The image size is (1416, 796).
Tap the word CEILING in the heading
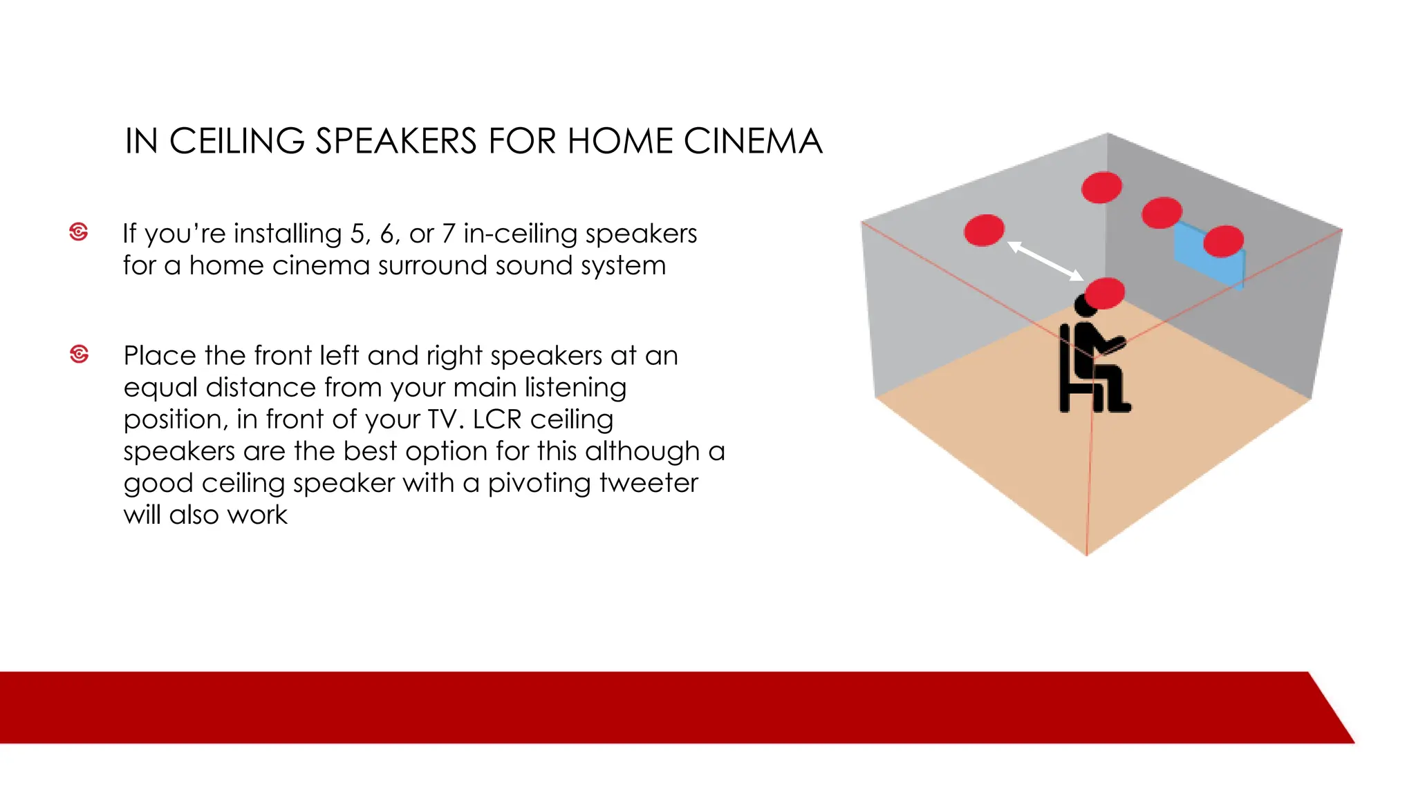coord(236,142)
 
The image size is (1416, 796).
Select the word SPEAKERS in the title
coord(396,142)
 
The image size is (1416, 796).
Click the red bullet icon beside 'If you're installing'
coord(79,231)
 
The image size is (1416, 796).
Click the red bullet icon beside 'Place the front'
coord(80,354)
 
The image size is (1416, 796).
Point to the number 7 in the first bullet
coord(448,234)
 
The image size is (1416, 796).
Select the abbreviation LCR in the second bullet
coord(496,419)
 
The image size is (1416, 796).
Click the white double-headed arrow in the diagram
coord(1045,260)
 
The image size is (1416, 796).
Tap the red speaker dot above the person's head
coord(1105,293)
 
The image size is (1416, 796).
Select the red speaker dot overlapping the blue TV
coord(1223,241)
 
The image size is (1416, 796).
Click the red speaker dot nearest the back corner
coord(1101,187)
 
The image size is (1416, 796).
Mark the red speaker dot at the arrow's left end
coord(984,230)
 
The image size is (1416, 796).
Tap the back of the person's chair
coord(1065,366)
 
